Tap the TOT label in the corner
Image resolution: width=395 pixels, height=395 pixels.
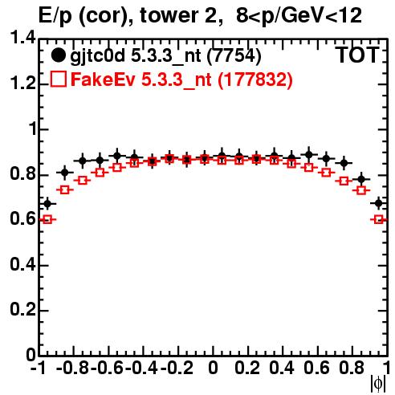point(357,55)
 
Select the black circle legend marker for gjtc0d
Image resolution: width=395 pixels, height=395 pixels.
point(58,55)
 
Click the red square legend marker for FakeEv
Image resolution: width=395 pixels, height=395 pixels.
point(59,79)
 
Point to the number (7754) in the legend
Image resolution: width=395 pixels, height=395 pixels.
point(234,56)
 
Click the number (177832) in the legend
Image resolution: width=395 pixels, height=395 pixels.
point(255,79)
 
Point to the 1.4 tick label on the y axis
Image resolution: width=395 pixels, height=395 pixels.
point(22,39)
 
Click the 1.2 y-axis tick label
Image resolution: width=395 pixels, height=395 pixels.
point(22,83)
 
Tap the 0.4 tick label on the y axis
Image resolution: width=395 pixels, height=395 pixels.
point(22,265)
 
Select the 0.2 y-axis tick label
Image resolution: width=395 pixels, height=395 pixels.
point(22,310)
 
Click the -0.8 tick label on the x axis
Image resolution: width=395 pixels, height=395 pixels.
point(73,368)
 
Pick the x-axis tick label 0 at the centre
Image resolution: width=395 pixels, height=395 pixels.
point(213,368)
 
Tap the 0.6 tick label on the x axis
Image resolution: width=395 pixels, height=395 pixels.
point(316,368)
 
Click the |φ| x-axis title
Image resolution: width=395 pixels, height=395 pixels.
point(377,385)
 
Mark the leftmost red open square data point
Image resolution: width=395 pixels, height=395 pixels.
point(47,219)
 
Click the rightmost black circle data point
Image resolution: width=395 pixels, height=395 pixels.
point(378,203)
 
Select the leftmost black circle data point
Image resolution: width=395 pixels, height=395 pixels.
point(47,204)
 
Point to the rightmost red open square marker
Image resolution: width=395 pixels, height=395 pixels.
point(378,219)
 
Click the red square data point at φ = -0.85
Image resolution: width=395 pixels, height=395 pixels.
point(64,190)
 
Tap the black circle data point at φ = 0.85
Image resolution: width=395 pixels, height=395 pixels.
point(361,179)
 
